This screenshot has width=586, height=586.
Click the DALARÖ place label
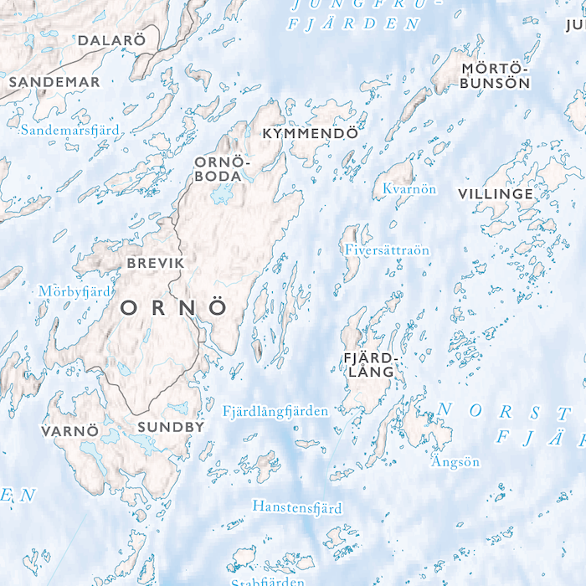[x=111, y=40]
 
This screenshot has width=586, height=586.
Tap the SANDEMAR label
[x=54, y=82]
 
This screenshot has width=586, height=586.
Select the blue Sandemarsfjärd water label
[x=70, y=130]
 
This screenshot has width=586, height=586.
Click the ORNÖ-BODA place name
[x=222, y=168]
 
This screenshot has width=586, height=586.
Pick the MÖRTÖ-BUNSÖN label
[x=496, y=75]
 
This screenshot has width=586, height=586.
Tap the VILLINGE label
[x=495, y=194]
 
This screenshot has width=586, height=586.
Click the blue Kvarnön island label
[x=409, y=189]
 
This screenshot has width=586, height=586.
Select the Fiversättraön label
[x=387, y=249]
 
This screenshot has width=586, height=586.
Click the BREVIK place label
[x=155, y=263]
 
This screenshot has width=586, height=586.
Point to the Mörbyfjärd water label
[x=75, y=291]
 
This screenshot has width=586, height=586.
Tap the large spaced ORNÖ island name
[x=174, y=308]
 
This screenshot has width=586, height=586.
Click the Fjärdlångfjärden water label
[x=275, y=411]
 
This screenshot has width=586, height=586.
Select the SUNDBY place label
[x=171, y=427]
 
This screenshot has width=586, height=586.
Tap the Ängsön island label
[x=455, y=461]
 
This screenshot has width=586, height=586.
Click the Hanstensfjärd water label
[x=297, y=507]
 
